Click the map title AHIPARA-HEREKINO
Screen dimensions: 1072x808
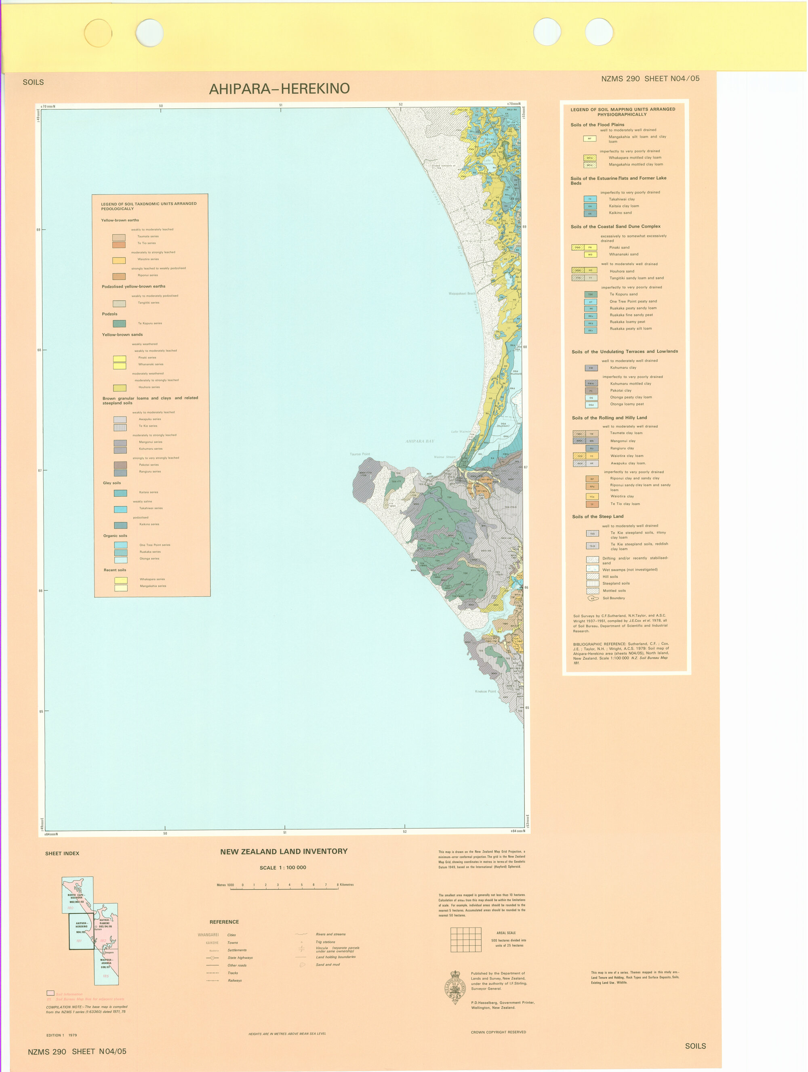(279, 89)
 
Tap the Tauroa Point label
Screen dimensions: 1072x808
(360, 454)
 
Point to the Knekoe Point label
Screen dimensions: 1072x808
(485, 691)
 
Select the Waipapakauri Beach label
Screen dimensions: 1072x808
(461, 293)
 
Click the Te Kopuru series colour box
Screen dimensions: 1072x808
(119, 323)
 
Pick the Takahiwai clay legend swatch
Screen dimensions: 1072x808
(590, 199)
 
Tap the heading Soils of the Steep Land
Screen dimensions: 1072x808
(598, 516)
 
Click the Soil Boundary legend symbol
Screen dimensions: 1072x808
(592, 598)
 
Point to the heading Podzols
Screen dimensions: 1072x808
(109, 314)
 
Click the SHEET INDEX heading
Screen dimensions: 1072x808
(62, 854)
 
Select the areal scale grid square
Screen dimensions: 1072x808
(465, 940)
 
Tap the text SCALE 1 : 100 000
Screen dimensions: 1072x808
(283, 867)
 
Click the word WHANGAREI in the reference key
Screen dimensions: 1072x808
(208, 935)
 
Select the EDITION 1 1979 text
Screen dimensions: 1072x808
(61, 1035)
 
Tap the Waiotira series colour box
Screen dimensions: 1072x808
(119, 260)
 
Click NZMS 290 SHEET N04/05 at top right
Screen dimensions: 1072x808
(650, 78)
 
